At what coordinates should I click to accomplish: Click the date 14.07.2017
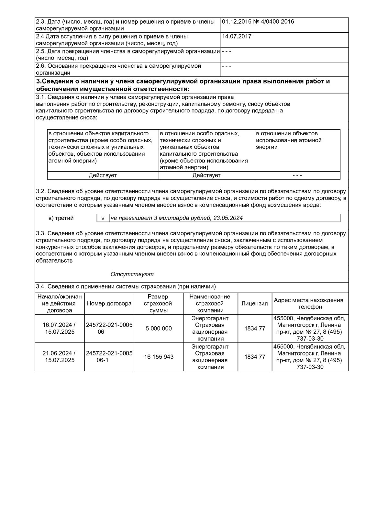pyautogui.click(x=237, y=37)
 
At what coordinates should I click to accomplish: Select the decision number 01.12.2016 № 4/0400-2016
pyautogui.click(x=258, y=22)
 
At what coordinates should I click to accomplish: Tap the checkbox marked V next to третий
pyautogui.click(x=103, y=218)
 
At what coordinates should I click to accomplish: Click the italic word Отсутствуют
pyautogui.click(x=132, y=274)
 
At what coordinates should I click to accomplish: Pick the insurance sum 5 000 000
pyautogui.click(x=159, y=329)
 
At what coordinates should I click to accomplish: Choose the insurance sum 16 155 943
pyautogui.click(x=159, y=357)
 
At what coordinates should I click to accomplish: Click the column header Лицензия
pyautogui.click(x=255, y=304)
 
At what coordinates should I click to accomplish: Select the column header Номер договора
pyautogui.click(x=109, y=304)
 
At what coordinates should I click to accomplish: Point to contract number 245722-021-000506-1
pyautogui.click(x=109, y=357)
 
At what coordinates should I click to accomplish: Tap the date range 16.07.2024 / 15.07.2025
pyautogui.click(x=60, y=329)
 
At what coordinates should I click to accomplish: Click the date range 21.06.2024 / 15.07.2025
pyautogui.click(x=60, y=357)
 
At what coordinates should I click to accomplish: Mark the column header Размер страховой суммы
pyautogui.click(x=159, y=304)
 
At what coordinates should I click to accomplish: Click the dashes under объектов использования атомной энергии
pyautogui.click(x=297, y=175)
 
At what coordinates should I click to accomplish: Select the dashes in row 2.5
pyautogui.click(x=227, y=51)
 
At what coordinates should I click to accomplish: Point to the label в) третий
pyautogui.click(x=61, y=218)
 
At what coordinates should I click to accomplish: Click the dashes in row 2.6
pyautogui.click(x=227, y=66)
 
